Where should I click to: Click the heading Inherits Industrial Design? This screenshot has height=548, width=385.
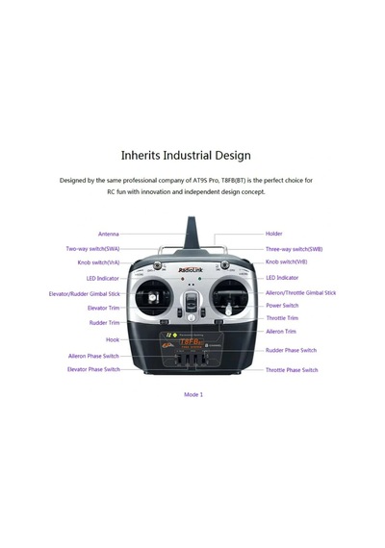pos(186,156)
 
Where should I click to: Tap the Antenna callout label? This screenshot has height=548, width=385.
pos(109,234)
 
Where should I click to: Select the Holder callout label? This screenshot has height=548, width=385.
pos(273,234)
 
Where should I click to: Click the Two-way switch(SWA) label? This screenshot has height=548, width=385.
pos(92,249)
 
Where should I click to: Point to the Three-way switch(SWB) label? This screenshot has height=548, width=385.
pos(294,249)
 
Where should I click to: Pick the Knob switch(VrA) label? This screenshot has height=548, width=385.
pos(98,262)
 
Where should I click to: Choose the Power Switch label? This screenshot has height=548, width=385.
pos(282,306)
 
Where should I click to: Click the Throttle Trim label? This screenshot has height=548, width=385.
pos(282,318)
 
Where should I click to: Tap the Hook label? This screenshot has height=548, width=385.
pos(113,339)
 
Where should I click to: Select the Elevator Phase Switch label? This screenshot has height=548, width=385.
pos(93,369)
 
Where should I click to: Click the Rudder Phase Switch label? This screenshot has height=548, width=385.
pos(291,350)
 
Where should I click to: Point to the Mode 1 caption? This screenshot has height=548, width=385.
pos(193,394)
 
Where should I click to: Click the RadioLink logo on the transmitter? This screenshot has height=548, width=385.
pos(191,270)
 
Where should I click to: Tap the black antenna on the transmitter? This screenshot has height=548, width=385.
pos(192,233)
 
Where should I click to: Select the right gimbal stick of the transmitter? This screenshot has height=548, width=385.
pos(228,309)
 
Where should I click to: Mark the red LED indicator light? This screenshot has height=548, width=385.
pos(182,279)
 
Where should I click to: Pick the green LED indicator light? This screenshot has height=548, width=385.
pos(199,279)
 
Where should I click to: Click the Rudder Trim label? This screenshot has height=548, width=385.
pos(104,323)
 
